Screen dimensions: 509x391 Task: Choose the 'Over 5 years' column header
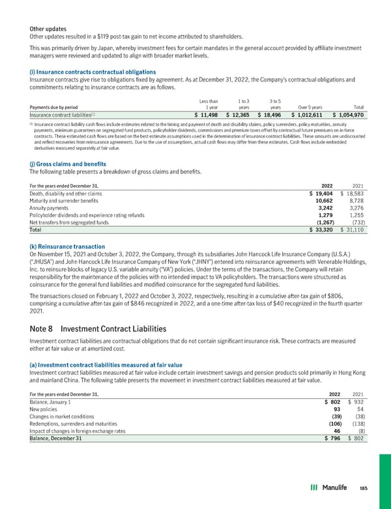click(x=310, y=107)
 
